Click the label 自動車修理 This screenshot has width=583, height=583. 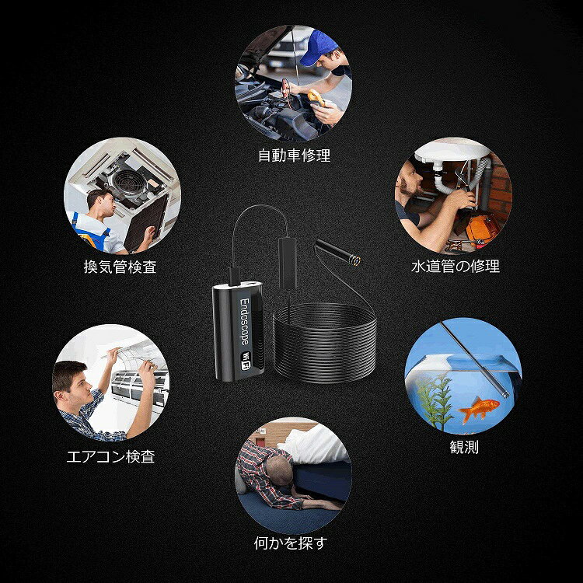(294, 156)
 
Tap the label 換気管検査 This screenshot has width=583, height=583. (120, 267)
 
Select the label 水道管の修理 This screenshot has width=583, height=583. (456, 266)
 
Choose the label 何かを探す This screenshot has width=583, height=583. (291, 543)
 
